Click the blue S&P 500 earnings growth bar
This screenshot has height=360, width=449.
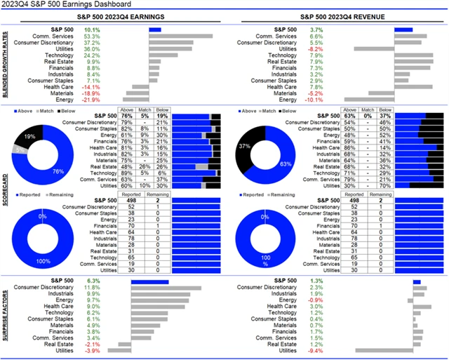tap(155, 30)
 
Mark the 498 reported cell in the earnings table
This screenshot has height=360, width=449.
tap(128, 201)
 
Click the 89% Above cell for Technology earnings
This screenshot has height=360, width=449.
tap(127, 173)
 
